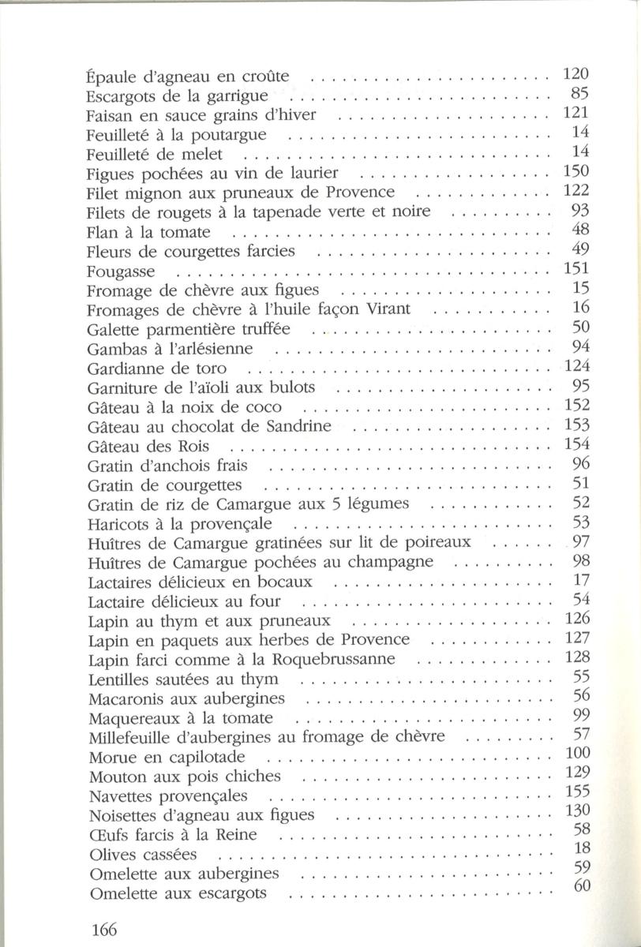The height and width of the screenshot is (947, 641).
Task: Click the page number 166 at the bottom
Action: coord(103,929)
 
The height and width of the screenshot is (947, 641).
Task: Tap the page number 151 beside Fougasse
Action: coord(577,269)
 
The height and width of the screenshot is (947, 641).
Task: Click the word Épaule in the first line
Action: coord(108,78)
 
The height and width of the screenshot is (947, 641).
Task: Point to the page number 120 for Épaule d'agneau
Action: coord(577,75)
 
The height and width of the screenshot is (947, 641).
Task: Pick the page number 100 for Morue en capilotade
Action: coord(577,753)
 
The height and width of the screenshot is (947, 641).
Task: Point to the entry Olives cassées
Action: coord(143,855)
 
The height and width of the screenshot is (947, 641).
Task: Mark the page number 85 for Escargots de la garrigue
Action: coord(581,95)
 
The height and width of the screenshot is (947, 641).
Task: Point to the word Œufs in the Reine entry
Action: coord(109,835)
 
